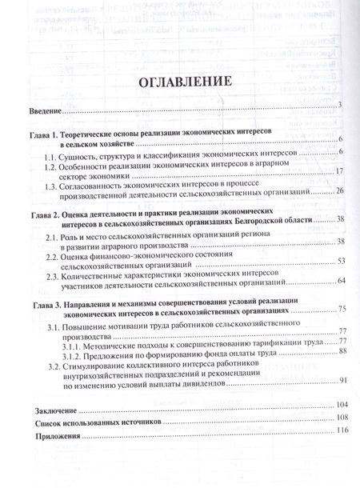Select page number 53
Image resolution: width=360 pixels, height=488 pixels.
click(339, 262)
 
